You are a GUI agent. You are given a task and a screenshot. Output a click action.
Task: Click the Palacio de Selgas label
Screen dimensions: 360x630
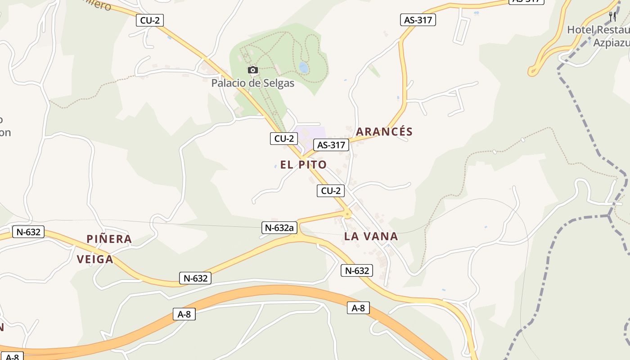(x=252, y=83)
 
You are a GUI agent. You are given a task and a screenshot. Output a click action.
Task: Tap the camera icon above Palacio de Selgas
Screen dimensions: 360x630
(x=253, y=70)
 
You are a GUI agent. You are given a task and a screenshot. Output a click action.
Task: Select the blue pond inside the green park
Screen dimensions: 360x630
(x=304, y=67)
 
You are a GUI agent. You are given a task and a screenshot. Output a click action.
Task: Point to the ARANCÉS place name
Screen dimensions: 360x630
(x=384, y=132)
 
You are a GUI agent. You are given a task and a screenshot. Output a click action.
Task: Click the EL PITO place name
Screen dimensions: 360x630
(x=303, y=165)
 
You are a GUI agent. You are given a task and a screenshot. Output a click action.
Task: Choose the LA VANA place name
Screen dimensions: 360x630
(x=371, y=236)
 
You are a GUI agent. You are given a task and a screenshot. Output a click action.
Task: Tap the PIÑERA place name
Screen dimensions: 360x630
(x=109, y=239)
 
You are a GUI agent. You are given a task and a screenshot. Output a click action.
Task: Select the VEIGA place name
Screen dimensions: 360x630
(x=95, y=260)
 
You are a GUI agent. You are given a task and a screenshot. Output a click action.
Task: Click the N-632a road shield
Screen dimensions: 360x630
(x=279, y=228)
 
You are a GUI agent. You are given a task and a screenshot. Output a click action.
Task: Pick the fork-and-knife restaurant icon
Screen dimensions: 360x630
(x=612, y=17)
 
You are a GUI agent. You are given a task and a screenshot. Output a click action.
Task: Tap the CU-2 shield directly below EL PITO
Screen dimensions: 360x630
(x=331, y=191)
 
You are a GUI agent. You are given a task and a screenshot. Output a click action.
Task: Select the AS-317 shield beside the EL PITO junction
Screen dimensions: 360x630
(x=331, y=145)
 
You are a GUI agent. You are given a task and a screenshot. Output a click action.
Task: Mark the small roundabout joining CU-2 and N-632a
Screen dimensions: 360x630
(x=347, y=215)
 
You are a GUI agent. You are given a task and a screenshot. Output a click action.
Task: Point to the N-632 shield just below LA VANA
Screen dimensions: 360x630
(x=357, y=270)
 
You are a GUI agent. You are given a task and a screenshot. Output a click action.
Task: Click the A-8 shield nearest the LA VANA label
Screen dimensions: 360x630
(x=358, y=308)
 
